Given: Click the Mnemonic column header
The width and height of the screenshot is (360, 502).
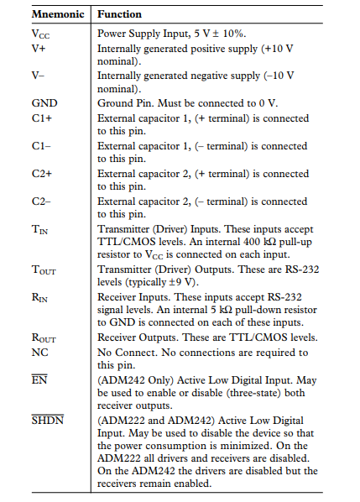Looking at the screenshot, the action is tap(57, 14).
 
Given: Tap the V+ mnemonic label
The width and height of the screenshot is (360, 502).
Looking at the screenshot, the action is tap(38, 48).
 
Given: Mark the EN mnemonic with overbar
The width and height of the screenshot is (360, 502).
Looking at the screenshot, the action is tap(39, 379).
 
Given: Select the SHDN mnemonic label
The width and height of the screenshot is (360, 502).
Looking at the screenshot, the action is tap(46, 420).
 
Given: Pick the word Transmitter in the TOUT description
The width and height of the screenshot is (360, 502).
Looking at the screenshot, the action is tap(126, 269).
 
